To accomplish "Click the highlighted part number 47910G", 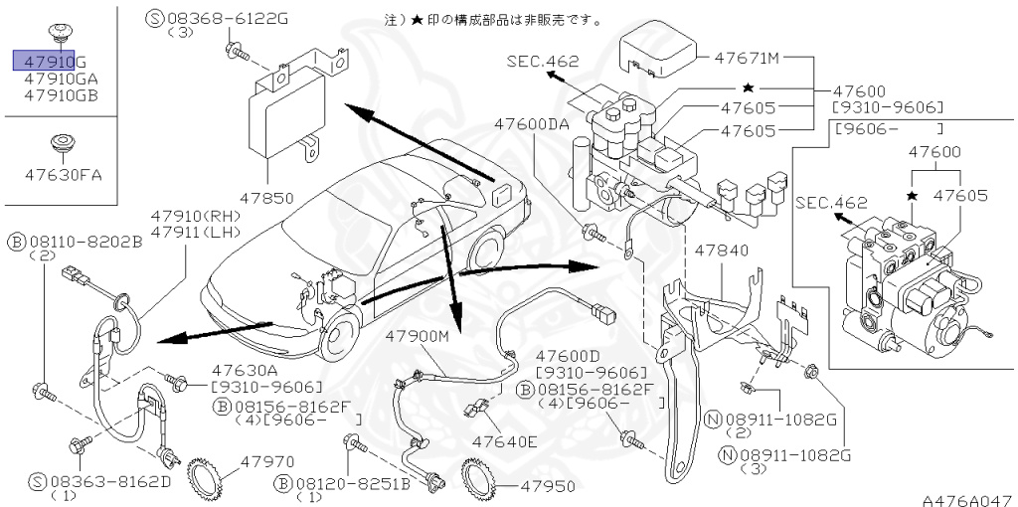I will coord(49,60).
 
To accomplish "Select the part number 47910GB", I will coord(61,95).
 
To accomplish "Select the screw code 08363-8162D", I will coord(109,481).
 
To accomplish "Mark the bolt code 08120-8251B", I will coord(352,482).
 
